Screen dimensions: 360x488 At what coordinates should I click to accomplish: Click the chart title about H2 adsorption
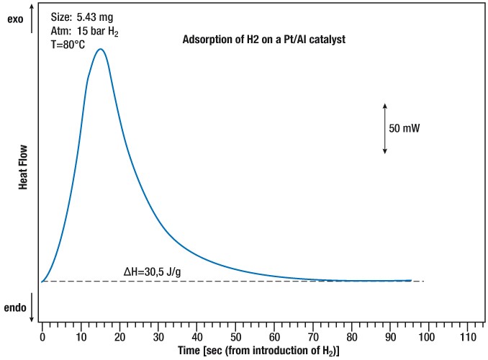tap(265, 40)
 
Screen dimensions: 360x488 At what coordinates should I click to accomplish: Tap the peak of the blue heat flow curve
tap(101, 49)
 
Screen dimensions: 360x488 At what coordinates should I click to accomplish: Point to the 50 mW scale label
tap(404, 128)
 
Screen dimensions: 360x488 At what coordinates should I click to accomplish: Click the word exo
tap(15, 19)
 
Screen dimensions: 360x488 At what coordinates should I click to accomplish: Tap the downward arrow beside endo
tap(32, 307)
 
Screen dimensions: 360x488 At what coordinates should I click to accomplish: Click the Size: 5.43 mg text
tap(83, 15)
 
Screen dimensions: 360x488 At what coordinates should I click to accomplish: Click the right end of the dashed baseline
tap(424, 282)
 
